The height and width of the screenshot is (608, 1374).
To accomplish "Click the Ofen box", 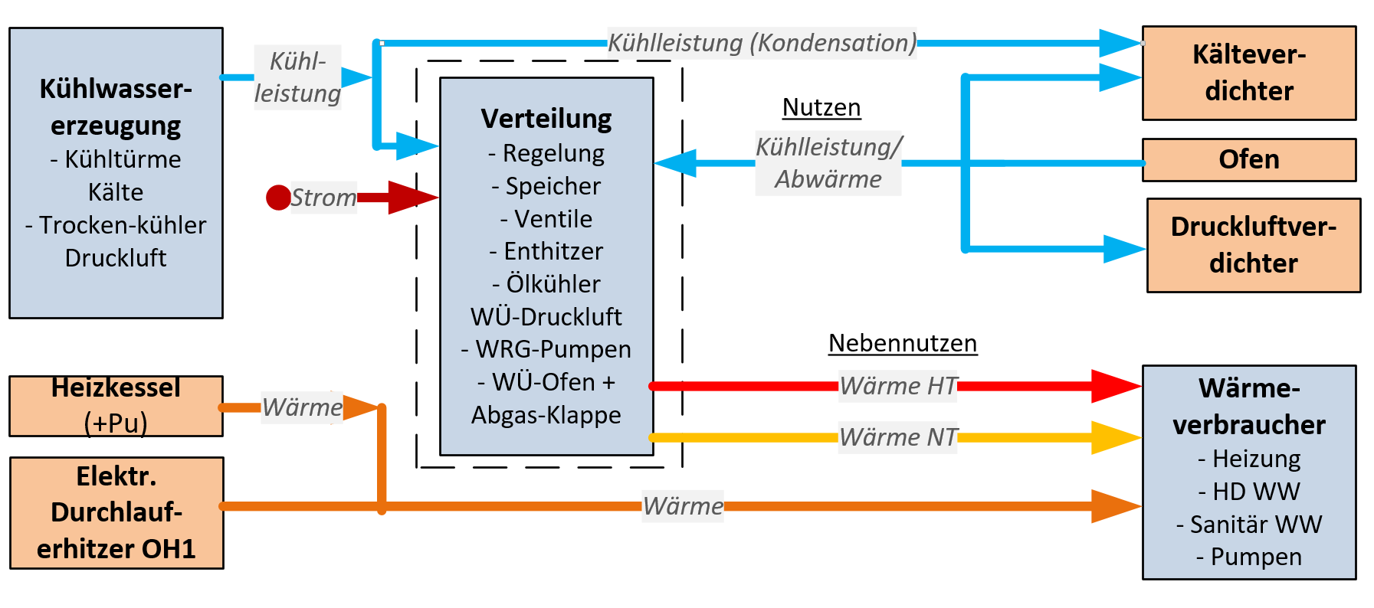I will pyautogui.click(x=1248, y=159).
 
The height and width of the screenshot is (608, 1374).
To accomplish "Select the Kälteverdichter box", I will pyautogui.click(x=1248, y=73).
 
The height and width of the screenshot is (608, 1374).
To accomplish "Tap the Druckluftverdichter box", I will pyautogui.click(x=1253, y=245).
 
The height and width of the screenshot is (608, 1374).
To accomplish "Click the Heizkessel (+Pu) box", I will pyautogui.click(x=116, y=406).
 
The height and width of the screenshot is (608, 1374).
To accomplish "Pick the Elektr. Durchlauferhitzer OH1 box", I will pyautogui.click(x=116, y=512).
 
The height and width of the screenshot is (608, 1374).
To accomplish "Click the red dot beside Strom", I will pyautogui.click(x=278, y=198).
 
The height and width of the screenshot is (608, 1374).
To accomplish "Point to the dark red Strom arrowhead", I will pyautogui.click(x=412, y=198).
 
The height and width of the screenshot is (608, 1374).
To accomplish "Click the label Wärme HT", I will pyautogui.click(x=898, y=386).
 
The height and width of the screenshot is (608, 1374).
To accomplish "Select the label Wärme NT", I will pyautogui.click(x=898, y=437).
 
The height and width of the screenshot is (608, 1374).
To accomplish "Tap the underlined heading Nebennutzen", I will pyautogui.click(x=903, y=343).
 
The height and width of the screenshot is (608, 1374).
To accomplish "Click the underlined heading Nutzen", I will pyautogui.click(x=821, y=107).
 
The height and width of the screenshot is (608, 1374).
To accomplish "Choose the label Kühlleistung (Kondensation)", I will pyautogui.click(x=762, y=43).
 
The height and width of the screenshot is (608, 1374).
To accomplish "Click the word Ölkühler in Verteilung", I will pyautogui.click(x=553, y=284).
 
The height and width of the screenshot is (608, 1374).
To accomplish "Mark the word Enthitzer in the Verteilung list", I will pyautogui.click(x=553, y=251).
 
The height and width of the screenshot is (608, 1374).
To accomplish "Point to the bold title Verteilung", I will pyautogui.click(x=546, y=119).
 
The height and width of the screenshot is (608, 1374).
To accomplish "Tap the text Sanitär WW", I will pyautogui.click(x=1256, y=525).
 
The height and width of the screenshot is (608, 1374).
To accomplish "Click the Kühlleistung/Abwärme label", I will pyautogui.click(x=828, y=162).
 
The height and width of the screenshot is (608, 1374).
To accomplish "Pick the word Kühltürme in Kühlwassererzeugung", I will pyautogui.click(x=123, y=159).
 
